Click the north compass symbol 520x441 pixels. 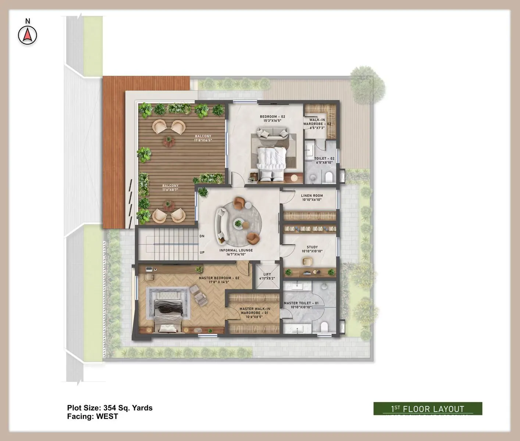[28, 35]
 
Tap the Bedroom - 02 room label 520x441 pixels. [273, 118]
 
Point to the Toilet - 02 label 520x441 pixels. [324, 160]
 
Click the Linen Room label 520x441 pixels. [312, 198]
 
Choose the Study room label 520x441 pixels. [312, 249]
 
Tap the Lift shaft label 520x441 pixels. [267, 276]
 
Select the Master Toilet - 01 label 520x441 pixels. [301, 305]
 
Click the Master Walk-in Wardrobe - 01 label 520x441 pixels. [254, 313]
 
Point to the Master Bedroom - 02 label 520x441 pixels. [219, 280]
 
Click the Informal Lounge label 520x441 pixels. [236, 252]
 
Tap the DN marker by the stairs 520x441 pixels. [202, 236]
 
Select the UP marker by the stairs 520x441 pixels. [202, 252]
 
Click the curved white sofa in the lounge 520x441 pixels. [222, 225]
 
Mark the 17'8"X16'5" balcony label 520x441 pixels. [203, 138]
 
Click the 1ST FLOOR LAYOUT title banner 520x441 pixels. [428, 409]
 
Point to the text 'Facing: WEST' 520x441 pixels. [93, 416]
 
